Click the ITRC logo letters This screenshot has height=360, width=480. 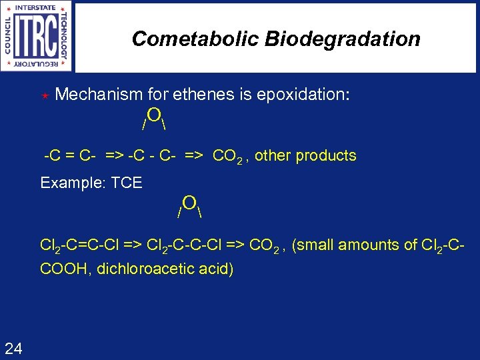(39, 37)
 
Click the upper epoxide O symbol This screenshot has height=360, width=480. (153, 115)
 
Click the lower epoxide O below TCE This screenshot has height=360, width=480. (189, 203)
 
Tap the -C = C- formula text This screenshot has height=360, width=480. (70, 156)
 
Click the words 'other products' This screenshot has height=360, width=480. (305, 156)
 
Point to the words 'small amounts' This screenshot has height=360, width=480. (345, 245)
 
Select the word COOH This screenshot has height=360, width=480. (63, 269)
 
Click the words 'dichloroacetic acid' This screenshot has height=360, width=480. (165, 269)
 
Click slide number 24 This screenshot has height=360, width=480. (13, 347)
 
